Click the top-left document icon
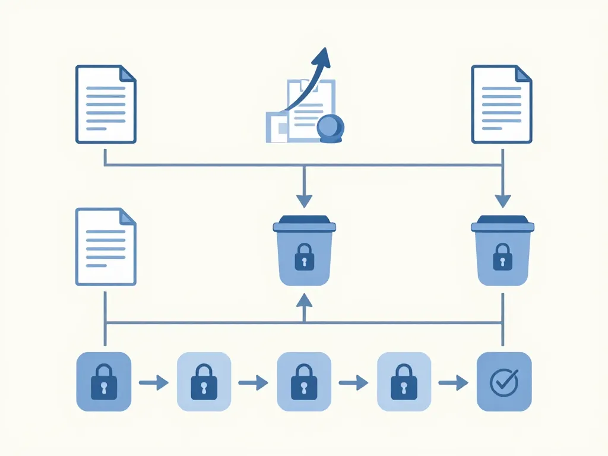(x=106, y=104)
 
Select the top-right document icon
(x=502, y=104)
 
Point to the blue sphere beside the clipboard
(x=331, y=128)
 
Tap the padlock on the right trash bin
(x=502, y=258)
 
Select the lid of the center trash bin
(x=305, y=224)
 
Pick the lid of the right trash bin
(x=502, y=224)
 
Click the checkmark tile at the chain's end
(x=504, y=382)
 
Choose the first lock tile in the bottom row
(x=104, y=382)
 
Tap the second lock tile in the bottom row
(x=204, y=382)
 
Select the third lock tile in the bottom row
(x=304, y=382)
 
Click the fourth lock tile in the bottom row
(x=404, y=382)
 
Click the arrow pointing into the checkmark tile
(x=454, y=383)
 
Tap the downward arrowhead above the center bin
(x=304, y=201)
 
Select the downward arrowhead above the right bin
(x=502, y=201)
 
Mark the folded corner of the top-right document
(x=522, y=74)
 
